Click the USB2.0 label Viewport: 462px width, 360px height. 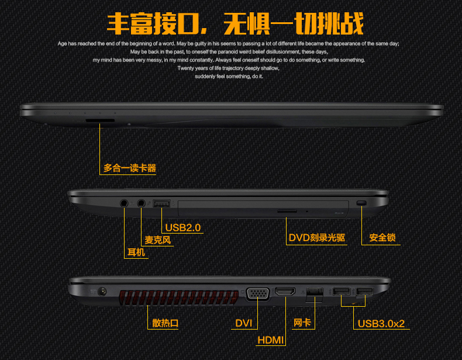pyautogui.click(x=183, y=228)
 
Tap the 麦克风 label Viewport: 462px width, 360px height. pyautogui.click(x=158, y=240)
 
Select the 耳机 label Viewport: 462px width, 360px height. pyautogui.click(x=136, y=252)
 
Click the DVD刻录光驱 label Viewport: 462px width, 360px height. pyautogui.click(x=317, y=238)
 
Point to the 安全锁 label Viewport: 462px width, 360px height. pyautogui.click(x=382, y=238)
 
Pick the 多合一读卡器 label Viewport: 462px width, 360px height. pyautogui.click(x=130, y=168)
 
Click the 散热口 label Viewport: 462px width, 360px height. pyautogui.click(x=165, y=323)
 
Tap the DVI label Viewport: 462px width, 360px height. pyautogui.click(x=244, y=324)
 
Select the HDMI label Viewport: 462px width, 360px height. pyautogui.click(x=271, y=340)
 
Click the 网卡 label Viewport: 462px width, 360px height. pyautogui.click(x=302, y=323)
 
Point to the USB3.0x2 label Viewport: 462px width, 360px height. pyautogui.click(x=381, y=324)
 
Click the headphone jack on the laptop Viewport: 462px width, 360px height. pyautogui.click(x=124, y=203)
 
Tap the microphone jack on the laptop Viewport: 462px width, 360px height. pyautogui.click(x=142, y=203)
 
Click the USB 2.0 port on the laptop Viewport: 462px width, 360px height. pyautogui.click(x=161, y=203)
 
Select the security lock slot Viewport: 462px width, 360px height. pyautogui.click(x=361, y=203)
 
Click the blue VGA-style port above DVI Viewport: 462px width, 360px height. pyautogui.click(x=258, y=293)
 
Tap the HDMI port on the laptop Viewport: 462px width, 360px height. pyautogui.click(x=285, y=292)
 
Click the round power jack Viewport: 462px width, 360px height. pyautogui.click(x=102, y=292)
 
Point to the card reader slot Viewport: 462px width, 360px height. pyautogui.click(x=100, y=121)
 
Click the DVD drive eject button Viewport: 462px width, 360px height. pyautogui.click(x=287, y=211)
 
